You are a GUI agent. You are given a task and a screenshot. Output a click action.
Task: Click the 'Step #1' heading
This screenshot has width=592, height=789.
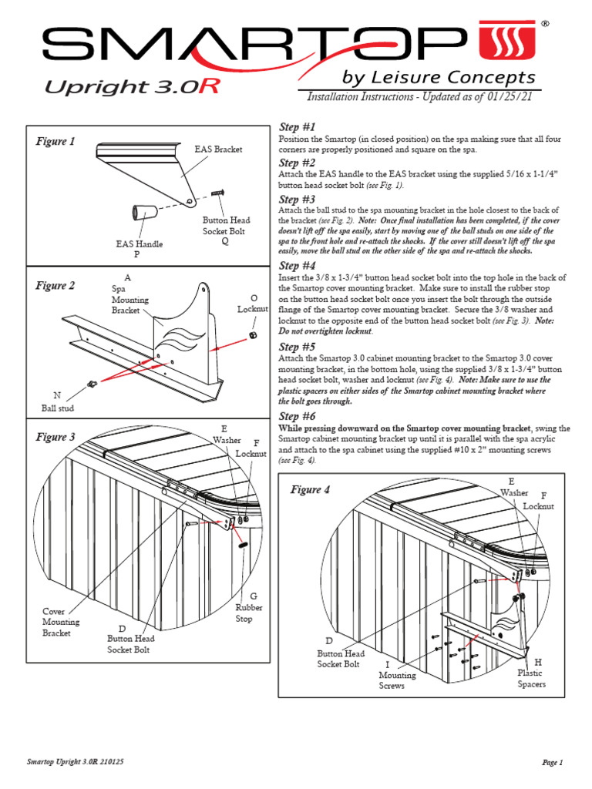(297, 126)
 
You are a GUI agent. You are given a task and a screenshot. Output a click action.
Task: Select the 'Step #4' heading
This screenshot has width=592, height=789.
(297, 266)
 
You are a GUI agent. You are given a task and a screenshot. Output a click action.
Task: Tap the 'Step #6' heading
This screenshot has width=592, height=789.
(297, 416)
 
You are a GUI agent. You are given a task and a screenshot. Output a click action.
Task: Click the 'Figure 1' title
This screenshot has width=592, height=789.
(55, 142)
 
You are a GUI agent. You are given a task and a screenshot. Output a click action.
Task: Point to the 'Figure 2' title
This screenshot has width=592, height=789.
(55, 286)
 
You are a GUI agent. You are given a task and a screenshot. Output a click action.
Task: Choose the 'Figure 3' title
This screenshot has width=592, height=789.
(55, 437)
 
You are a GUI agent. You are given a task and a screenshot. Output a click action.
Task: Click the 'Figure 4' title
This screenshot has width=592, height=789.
(310, 490)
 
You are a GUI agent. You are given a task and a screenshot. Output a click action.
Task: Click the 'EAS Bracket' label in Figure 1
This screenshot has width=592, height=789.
(218, 149)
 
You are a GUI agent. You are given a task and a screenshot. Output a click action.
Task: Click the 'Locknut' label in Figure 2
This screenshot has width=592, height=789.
(254, 309)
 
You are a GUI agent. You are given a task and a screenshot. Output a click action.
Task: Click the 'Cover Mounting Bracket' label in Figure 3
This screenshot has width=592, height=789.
(61, 622)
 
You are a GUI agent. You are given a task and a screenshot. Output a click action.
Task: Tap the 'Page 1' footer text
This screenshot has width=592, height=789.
(553, 762)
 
